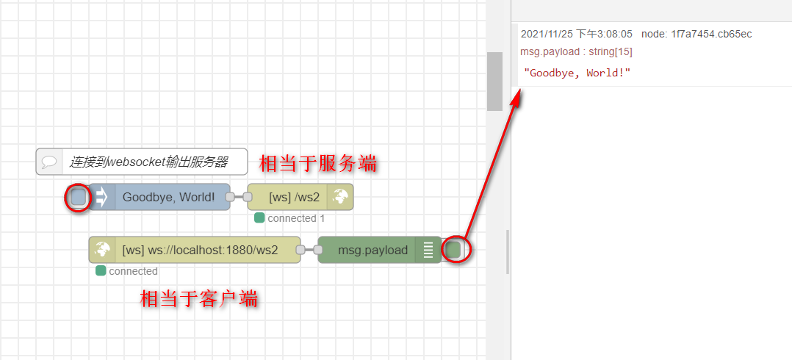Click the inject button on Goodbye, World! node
[x=78, y=197]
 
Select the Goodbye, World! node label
[x=168, y=197]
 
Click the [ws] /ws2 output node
[x=294, y=197]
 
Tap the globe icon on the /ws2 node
[x=340, y=197]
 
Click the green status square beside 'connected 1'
[x=259, y=218]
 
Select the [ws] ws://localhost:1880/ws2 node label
[x=200, y=250]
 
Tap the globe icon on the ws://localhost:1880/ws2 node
[x=101, y=250]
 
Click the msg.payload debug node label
[x=372, y=250]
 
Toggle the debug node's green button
[x=453, y=250]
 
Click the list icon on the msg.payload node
[x=428, y=250]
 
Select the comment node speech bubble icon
[x=50, y=162]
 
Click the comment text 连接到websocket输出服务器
[x=148, y=162]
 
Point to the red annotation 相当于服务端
[x=318, y=163]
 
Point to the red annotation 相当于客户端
[x=199, y=299]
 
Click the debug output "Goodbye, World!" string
[x=577, y=73]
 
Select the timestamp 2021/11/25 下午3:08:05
[x=576, y=34]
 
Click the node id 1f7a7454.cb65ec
[x=710, y=34]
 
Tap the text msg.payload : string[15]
[x=576, y=51]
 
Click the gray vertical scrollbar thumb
[x=494, y=81]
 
